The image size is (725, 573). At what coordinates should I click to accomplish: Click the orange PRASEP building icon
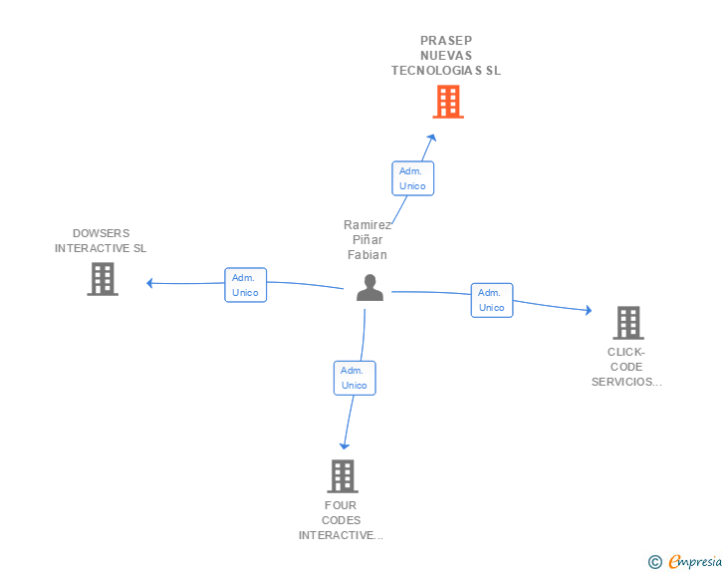pos(448,101)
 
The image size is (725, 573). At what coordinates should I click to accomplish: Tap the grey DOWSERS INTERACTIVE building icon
pos(102,279)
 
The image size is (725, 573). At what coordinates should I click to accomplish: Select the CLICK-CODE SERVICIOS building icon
pos(627,323)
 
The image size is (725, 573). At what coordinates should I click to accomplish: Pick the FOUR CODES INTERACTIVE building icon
pos(342,476)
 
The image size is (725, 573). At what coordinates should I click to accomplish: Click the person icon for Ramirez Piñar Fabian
pos(369,287)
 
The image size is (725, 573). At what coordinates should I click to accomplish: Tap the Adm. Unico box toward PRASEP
pos(412,178)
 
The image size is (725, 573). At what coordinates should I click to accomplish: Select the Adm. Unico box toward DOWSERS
pos(245,285)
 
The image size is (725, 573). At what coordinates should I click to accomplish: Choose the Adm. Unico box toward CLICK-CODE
pos(492,300)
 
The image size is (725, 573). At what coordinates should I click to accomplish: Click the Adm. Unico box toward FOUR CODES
pos(355,378)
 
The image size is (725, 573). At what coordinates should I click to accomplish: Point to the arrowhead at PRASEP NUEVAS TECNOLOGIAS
pos(431,139)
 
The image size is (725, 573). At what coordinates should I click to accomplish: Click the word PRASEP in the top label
pos(446,41)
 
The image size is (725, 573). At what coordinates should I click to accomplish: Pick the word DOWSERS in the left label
pos(101,233)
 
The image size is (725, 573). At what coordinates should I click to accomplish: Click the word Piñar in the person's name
pos(367,240)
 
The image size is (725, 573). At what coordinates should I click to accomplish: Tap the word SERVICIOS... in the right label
pos(626,382)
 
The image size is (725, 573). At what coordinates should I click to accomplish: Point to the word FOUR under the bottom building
pos(341,505)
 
